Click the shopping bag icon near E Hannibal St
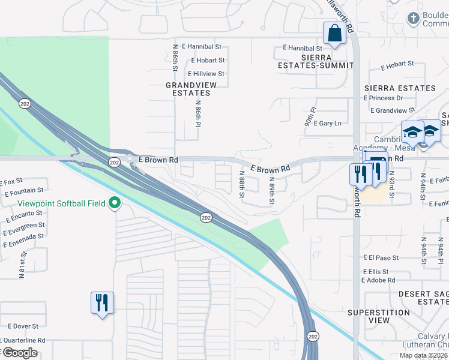334,34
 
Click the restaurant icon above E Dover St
101,302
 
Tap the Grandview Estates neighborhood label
191,89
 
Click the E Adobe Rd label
379,280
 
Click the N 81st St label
21,265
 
